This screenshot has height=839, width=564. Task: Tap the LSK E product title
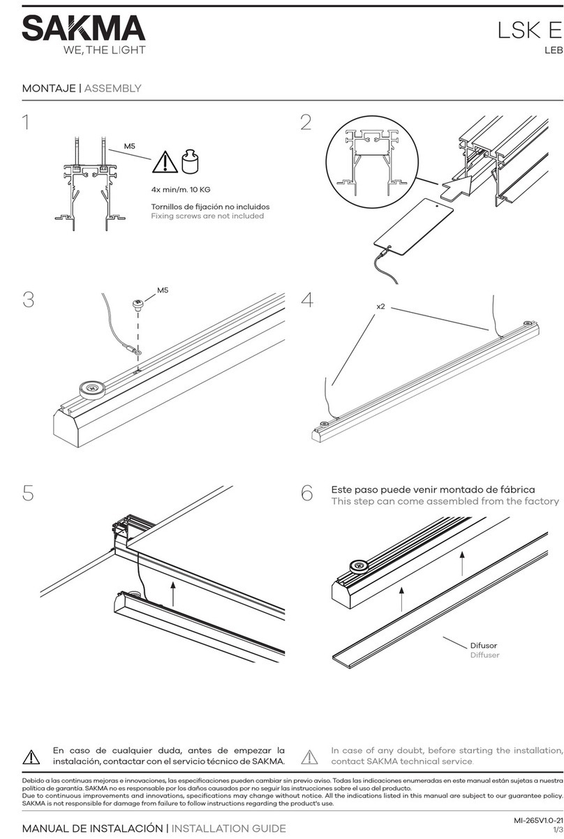click(530, 30)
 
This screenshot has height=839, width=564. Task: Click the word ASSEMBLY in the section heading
click(112, 89)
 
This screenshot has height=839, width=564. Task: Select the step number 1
click(26, 122)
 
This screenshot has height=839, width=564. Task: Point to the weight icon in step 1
click(191, 161)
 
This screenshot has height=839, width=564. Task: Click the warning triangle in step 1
click(165, 162)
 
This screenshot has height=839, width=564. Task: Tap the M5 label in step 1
click(130, 146)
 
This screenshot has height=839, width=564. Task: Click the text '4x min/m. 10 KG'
click(181, 190)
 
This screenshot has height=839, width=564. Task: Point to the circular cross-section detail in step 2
click(371, 161)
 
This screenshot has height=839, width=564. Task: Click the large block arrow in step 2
click(456, 187)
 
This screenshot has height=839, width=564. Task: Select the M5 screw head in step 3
click(138, 304)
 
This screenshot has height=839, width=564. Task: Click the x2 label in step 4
click(380, 306)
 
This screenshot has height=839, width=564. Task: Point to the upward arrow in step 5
click(172, 594)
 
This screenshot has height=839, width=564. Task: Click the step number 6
click(306, 493)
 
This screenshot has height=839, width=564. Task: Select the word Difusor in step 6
click(484, 646)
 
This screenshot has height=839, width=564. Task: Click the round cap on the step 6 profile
click(359, 566)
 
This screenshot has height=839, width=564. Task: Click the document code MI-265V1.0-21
click(538, 819)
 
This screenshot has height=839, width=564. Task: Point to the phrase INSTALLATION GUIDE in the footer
click(228, 829)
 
